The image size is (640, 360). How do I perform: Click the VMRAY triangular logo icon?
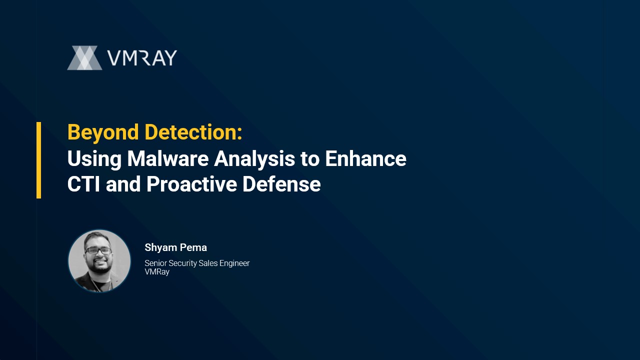(84, 57)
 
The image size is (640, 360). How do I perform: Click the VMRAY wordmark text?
(142, 58)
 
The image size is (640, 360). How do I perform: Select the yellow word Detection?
(193, 132)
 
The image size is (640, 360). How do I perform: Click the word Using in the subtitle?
(94, 159)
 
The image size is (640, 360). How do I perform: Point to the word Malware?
(168, 158)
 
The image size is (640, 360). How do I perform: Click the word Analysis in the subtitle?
(254, 159)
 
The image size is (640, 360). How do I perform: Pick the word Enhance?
(365, 158)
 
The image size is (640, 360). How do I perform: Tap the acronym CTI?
(83, 184)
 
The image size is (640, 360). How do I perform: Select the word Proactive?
(191, 184)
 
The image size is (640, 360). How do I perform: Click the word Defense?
(281, 184)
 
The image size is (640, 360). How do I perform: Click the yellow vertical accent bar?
(39, 160)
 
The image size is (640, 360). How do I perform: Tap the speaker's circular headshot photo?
(99, 261)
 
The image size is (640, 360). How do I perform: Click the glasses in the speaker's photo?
(98, 251)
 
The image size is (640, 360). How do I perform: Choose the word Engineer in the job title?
(234, 263)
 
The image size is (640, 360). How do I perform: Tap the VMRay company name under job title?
(157, 272)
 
